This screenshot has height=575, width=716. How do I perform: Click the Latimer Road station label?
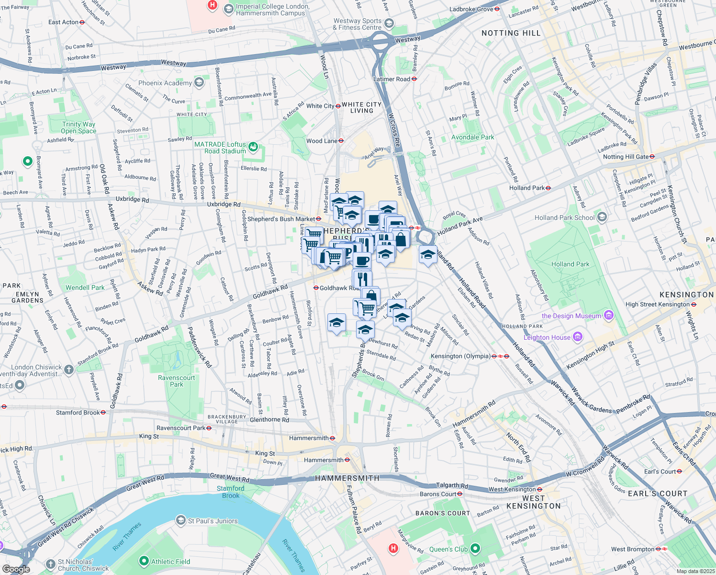[392, 79]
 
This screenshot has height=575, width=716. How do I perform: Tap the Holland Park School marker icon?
[602, 218]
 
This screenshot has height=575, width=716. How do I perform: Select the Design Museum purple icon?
[608, 315]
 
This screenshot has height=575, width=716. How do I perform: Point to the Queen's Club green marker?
[475, 549]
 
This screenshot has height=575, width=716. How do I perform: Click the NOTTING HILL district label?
[511, 33]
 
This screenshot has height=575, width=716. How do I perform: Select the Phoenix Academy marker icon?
[199, 83]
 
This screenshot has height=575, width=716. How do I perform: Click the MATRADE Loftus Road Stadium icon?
[253, 147]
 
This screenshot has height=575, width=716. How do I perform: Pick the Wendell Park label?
[85, 287]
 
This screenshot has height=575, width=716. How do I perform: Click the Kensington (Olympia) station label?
[460, 356]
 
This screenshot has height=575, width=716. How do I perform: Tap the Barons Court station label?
[438, 494]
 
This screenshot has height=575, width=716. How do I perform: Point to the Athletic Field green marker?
[144, 561]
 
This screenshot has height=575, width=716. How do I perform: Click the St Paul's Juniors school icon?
[181, 520]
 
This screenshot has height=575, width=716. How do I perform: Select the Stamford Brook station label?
[78, 412]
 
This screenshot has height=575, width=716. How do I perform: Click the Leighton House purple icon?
[578, 337]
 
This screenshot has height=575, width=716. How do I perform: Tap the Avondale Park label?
[472, 137]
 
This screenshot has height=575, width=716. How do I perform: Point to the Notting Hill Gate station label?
[626, 157]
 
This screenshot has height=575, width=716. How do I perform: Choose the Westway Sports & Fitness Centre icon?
[389, 23]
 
